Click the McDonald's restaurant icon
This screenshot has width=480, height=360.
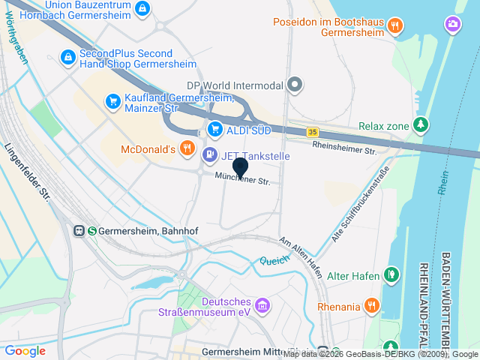pos(187,149)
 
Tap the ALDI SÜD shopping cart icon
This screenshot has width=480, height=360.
pos(214,129)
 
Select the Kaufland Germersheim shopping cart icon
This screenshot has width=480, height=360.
pos(113,100)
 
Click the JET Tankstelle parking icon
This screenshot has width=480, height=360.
pos(210,155)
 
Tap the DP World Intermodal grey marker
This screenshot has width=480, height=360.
pos(294,85)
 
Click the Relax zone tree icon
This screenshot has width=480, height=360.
pos(422,124)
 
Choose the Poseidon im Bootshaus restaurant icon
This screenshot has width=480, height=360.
pos(395,25)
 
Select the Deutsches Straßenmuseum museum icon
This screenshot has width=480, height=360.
pos(262,305)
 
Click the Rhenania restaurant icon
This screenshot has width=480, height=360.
pos(371,305)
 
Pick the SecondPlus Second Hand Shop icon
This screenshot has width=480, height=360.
pos(68,57)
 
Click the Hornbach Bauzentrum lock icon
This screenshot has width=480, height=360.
pos(143,8)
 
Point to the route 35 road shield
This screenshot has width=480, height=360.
pos(312,132)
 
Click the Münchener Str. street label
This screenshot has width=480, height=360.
pos(242,179)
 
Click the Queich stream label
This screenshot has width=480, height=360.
pos(274,262)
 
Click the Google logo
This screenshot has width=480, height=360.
pos(25,350)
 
